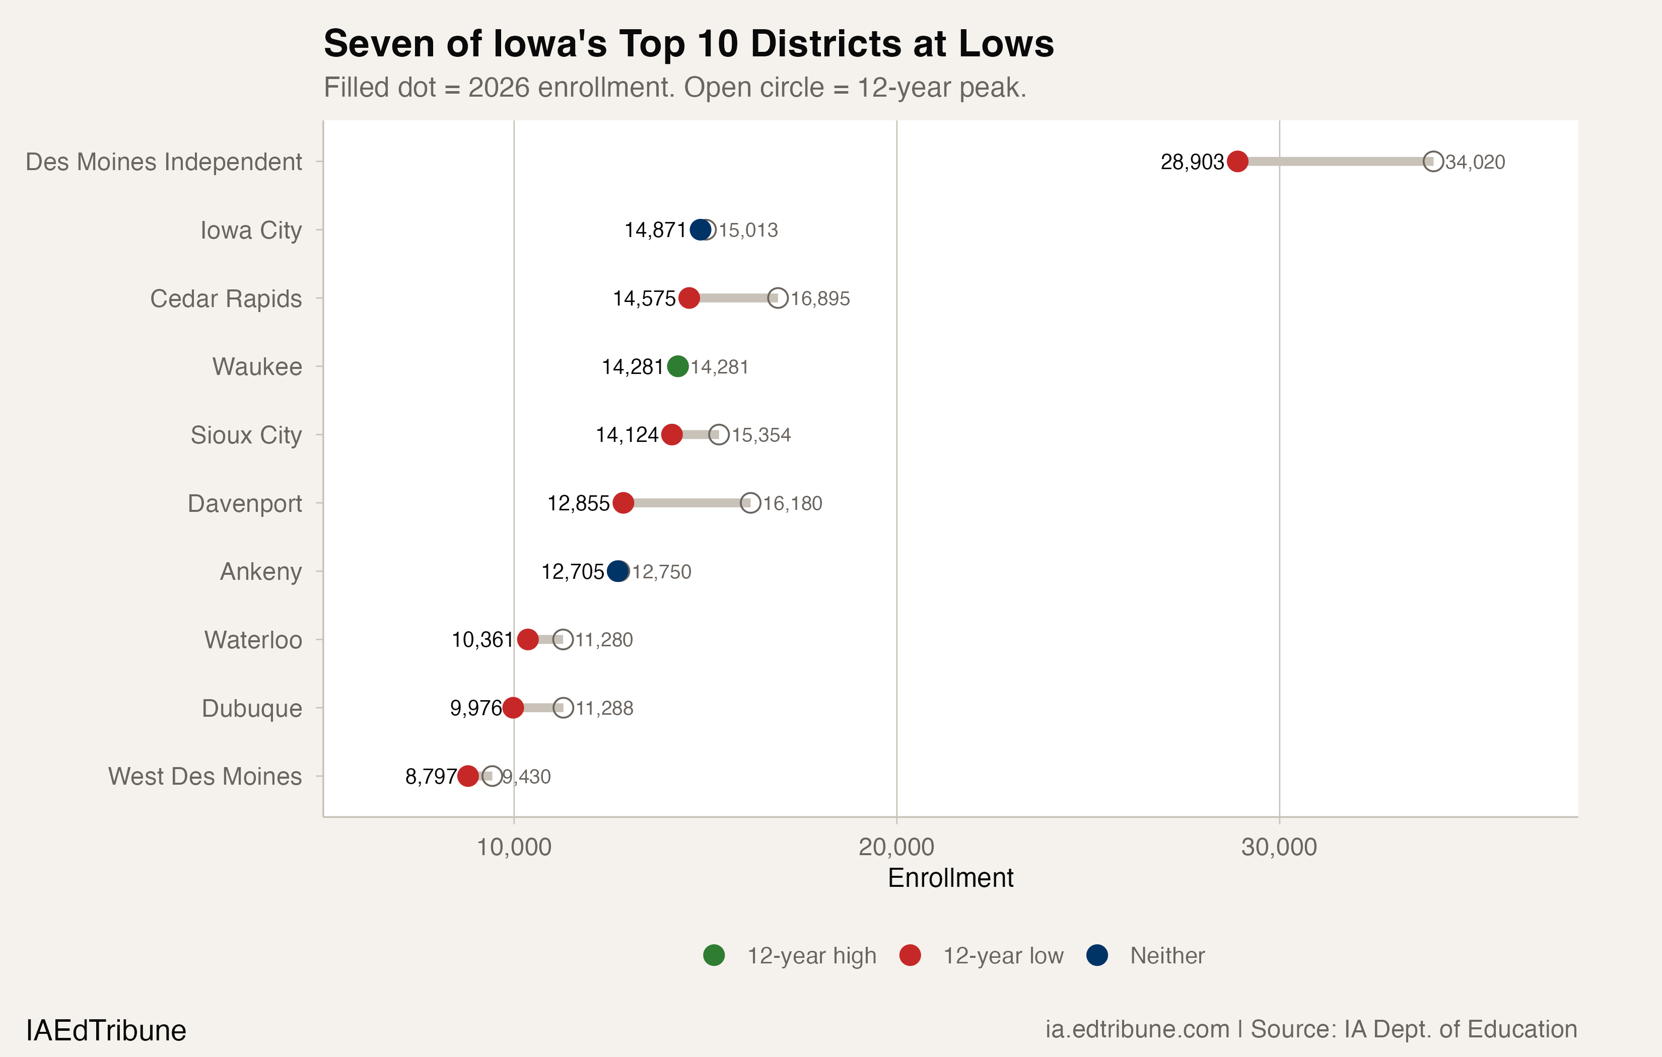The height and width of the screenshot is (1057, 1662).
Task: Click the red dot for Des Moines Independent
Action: point(1237,162)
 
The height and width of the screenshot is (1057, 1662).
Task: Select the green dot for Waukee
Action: point(678,366)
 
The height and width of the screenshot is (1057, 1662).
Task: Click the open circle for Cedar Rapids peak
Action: point(778,298)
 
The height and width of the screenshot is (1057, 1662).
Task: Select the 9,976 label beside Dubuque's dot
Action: point(475,708)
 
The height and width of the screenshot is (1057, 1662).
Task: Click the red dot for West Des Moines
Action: point(468,776)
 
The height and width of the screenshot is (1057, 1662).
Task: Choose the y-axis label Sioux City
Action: point(246,435)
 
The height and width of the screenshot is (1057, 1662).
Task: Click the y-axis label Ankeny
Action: point(260,571)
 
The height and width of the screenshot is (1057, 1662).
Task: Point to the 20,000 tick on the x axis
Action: point(896,847)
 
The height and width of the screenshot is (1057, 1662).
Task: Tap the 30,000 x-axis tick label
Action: point(1279,847)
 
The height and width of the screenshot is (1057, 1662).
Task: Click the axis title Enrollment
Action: point(950,878)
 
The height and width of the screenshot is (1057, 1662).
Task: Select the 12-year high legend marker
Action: point(714,955)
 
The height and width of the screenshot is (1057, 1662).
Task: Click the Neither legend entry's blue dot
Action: point(1097,955)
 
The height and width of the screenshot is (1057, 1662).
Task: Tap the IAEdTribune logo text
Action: point(106,1031)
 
